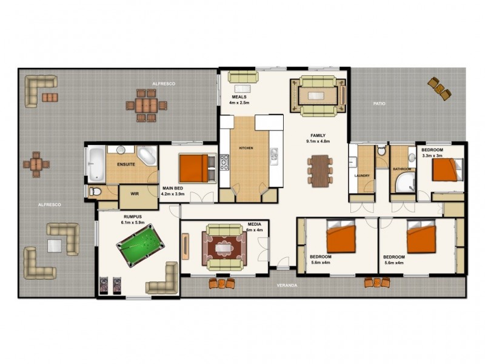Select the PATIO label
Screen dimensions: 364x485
(380, 104)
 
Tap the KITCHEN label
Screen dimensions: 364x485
(245, 148)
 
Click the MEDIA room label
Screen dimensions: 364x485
(255, 224)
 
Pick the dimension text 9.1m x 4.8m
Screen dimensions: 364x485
(318, 141)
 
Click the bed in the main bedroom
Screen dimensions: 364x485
(198, 168)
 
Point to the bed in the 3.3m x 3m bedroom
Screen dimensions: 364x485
(447, 169)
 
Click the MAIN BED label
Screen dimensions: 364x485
(173, 189)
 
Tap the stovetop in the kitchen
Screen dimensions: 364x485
(224, 162)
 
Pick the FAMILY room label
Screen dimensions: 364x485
(318, 135)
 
